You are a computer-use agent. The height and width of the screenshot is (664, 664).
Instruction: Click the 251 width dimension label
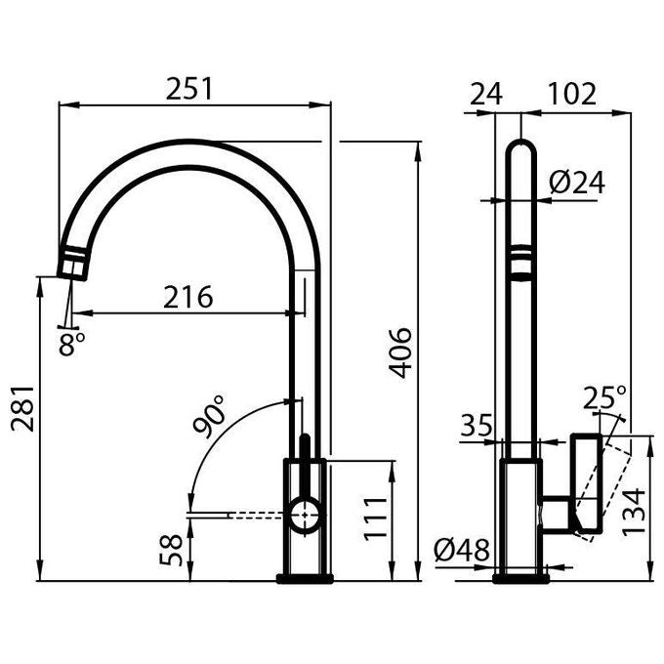click(188, 89)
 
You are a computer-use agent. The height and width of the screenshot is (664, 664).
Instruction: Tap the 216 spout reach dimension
click(188, 297)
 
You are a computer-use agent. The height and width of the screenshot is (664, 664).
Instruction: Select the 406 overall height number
click(400, 353)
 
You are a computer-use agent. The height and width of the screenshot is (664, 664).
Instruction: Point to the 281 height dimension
click(22, 408)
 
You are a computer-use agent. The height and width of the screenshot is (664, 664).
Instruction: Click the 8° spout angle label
click(71, 343)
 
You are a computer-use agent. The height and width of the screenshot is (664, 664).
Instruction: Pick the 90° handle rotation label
click(208, 416)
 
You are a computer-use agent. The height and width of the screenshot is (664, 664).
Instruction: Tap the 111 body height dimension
click(376, 519)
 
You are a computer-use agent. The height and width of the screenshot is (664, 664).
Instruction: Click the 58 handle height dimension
click(171, 550)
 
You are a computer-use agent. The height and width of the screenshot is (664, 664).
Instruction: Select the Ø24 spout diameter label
click(577, 183)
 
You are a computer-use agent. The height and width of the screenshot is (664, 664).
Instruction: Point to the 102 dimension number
click(572, 94)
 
